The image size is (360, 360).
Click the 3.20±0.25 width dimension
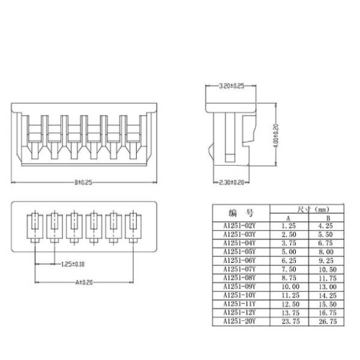[231, 86]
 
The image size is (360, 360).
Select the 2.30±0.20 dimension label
[231, 182]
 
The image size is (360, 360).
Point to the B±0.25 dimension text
[84, 182]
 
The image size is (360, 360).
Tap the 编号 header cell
[241, 213]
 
